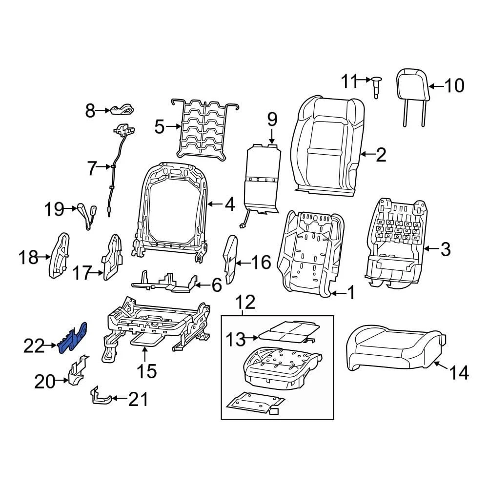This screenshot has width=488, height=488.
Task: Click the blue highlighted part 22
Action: click(73, 337)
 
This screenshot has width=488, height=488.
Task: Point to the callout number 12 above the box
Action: click(246, 303)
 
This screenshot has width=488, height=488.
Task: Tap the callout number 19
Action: click(54, 210)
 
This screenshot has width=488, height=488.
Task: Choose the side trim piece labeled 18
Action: click(60, 257)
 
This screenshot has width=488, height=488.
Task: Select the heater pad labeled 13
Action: click(288, 331)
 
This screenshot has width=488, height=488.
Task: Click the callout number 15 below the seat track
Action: click(146, 371)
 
